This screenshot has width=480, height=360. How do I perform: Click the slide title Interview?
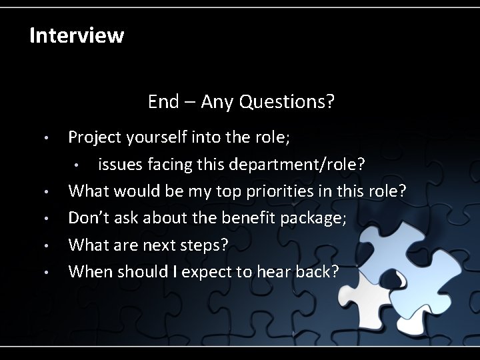(77, 35)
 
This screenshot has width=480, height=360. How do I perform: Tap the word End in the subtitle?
(163, 102)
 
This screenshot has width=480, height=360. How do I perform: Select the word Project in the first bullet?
(95, 137)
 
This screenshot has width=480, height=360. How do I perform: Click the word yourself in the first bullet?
(155, 137)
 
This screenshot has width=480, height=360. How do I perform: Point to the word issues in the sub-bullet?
(118, 165)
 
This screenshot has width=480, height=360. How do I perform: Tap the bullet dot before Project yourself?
(44, 139)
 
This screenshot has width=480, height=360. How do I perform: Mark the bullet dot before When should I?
(44, 273)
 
